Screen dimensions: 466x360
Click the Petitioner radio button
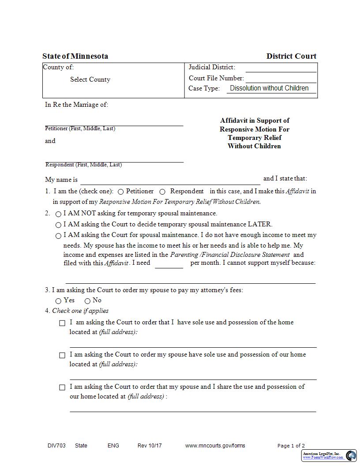[x=121, y=192]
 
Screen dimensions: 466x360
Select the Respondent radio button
[x=162, y=192]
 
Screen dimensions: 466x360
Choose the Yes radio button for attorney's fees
[x=58, y=301]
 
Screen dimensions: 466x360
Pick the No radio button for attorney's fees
[x=87, y=301]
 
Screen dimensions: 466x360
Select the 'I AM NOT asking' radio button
[x=58, y=214]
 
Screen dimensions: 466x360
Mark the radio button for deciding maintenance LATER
[x=58, y=225]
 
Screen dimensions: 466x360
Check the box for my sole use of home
[x=62, y=323]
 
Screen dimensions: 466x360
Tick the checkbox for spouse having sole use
[x=62, y=355]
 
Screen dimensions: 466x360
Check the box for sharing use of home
[x=62, y=387]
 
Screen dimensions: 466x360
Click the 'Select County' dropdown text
[x=90, y=80]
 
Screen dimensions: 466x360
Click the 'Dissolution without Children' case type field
[x=269, y=88]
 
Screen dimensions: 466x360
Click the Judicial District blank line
[x=281, y=68]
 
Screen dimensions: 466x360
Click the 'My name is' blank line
[x=170, y=180]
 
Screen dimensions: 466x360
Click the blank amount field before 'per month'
[x=169, y=263]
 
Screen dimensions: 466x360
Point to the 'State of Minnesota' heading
[x=75, y=56]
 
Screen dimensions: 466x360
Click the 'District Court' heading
[x=291, y=56]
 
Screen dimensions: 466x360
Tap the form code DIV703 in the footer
[x=56, y=446]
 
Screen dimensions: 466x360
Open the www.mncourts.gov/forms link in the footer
[x=215, y=446]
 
